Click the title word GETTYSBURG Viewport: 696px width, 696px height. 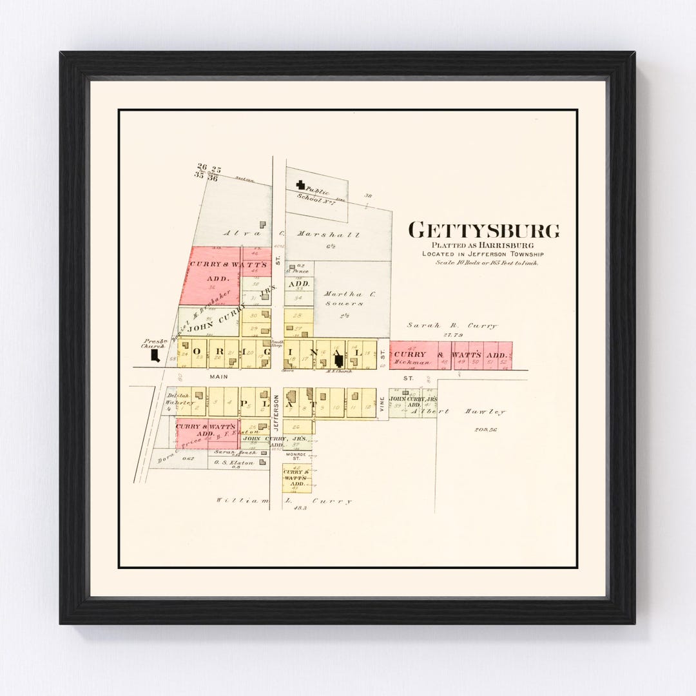(x=484, y=231)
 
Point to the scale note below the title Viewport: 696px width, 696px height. (x=487, y=262)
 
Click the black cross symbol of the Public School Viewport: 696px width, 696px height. (x=300, y=185)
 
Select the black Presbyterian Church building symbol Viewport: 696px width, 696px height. (x=155, y=355)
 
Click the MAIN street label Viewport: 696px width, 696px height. (x=215, y=376)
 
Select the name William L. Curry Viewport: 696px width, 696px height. (x=284, y=501)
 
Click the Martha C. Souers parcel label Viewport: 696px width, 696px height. (x=350, y=298)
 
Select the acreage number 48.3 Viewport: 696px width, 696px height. (x=300, y=508)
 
